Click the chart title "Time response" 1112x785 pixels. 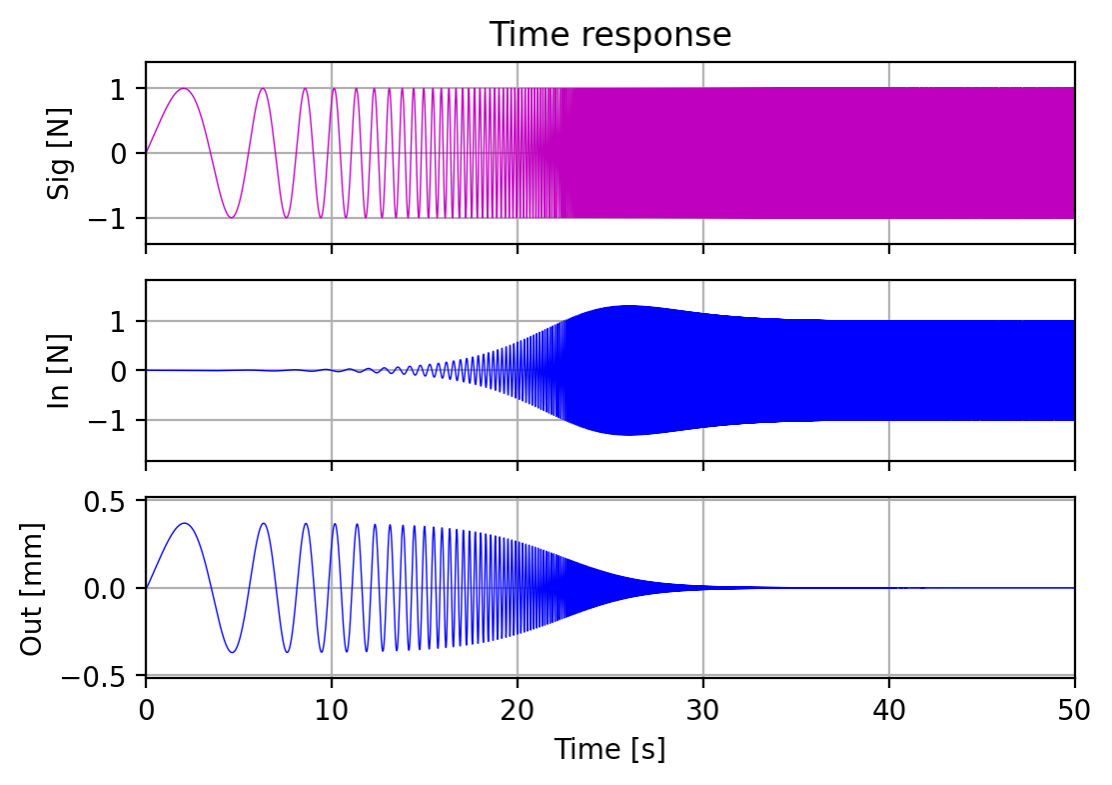tap(610, 35)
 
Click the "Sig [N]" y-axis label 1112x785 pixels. tap(60, 153)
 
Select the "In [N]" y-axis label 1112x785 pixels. tap(60, 370)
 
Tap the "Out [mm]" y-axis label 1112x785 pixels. tap(32, 588)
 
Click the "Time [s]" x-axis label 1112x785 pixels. tap(610, 749)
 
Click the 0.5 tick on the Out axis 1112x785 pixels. tap(112, 501)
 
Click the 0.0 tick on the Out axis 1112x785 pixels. tap(112, 588)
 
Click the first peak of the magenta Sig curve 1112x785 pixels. tap(184, 89)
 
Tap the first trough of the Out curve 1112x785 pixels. tap(232, 652)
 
